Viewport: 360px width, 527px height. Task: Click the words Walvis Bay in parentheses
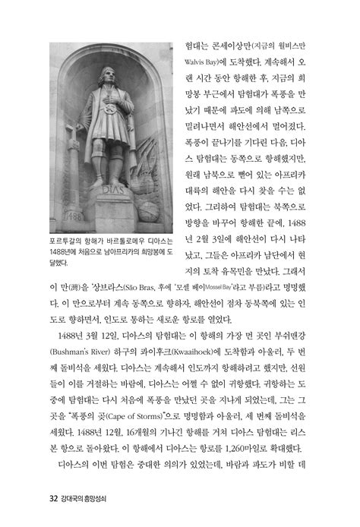pos(205,57)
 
